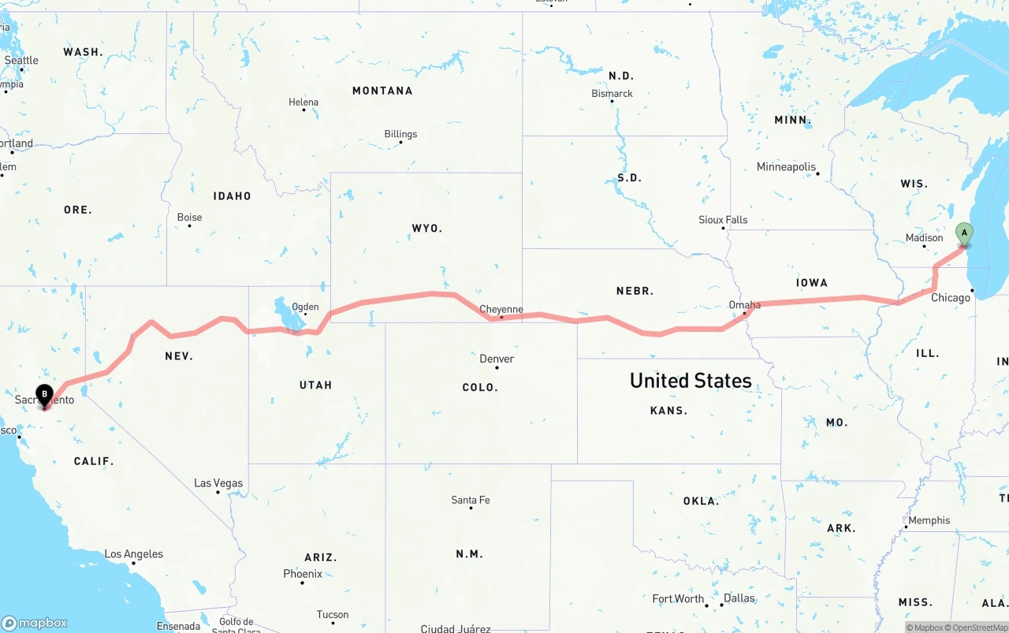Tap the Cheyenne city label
click(x=501, y=310)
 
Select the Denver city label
click(x=497, y=359)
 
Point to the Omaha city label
click(x=745, y=305)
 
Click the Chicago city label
click(x=951, y=298)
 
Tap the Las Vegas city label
click(x=218, y=483)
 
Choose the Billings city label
click(x=400, y=134)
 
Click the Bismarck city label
click(x=612, y=93)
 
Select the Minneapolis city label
click(x=786, y=167)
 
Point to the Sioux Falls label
click(x=723, y=220)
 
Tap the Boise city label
click(x=189, y=218)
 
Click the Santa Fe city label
click(x=470, y=500)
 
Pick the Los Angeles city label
click(x=134, y=554)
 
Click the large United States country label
click(x=691, y=381)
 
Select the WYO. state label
click(x=427, y=229)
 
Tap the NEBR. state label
click(x=635, y=291)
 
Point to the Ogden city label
click(x=305, y=307)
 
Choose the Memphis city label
click(x=929, y=520)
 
